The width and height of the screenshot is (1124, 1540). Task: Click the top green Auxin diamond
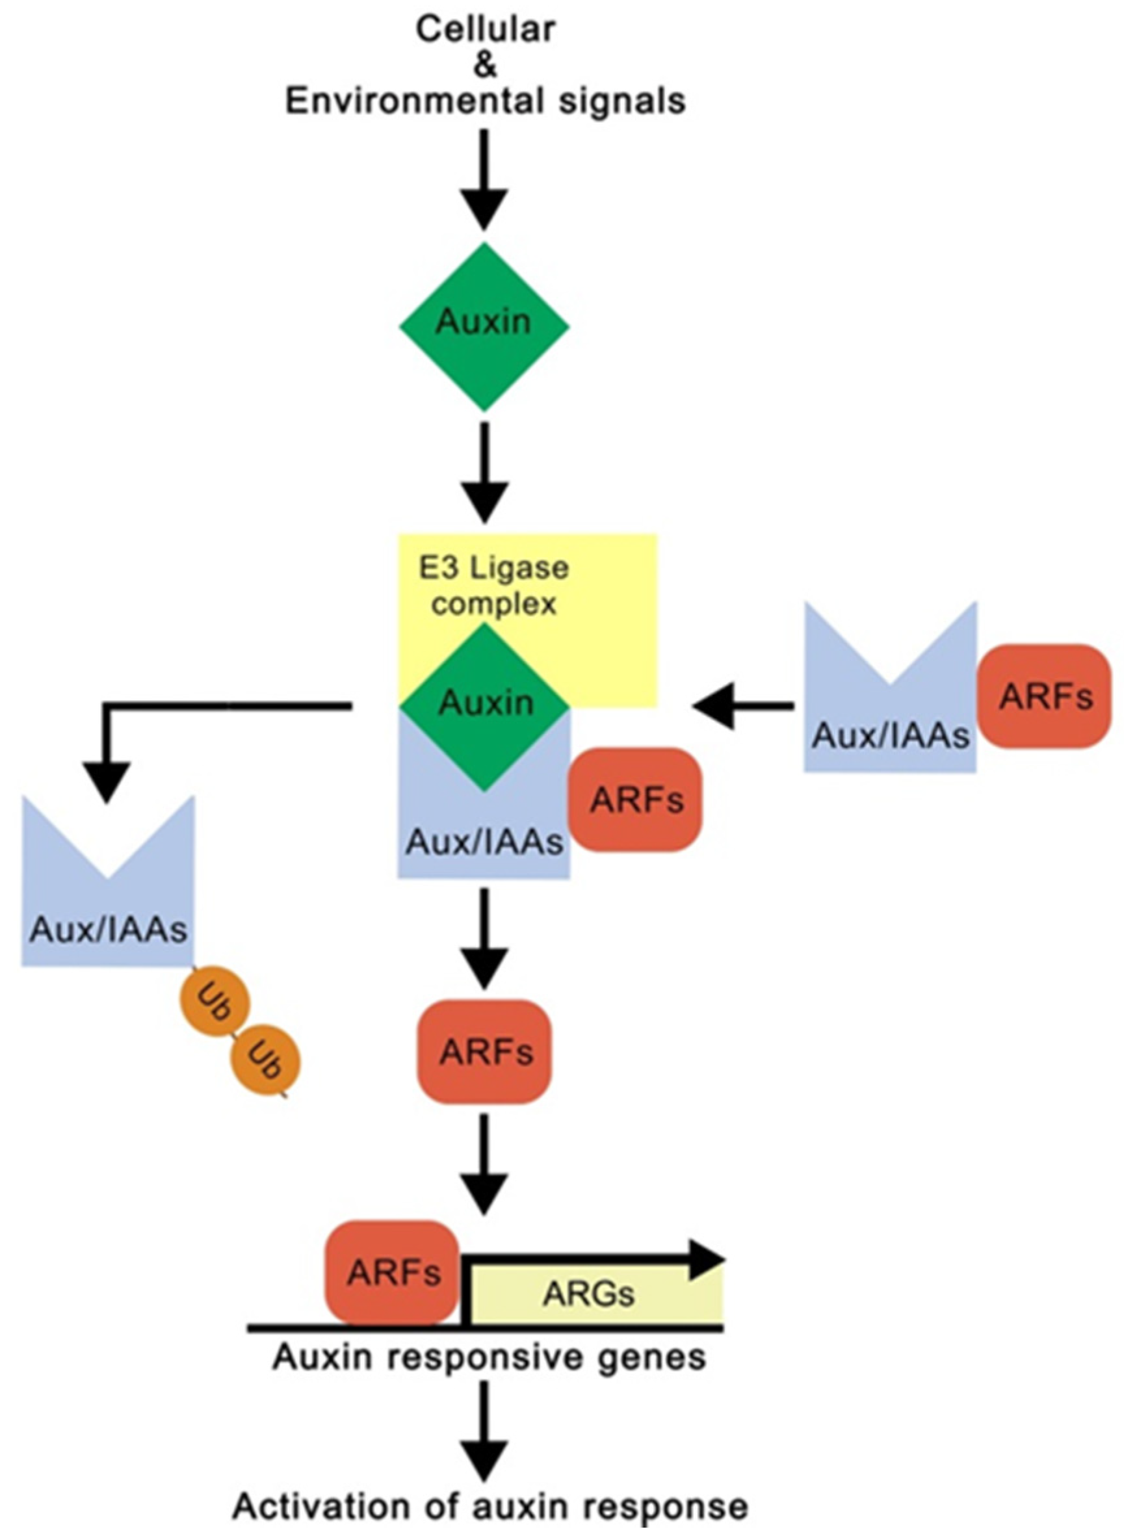[484, 327]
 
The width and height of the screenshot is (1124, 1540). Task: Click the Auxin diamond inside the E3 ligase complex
[484, 707]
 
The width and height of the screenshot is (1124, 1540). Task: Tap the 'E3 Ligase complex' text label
[493, 586]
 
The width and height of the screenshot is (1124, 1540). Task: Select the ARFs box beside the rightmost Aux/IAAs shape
[1045, 696]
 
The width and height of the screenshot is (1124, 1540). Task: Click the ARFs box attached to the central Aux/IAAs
[636, 799]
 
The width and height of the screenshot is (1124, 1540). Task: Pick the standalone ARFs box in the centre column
[484, 1052]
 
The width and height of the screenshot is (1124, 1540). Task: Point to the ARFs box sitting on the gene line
[393, 1272]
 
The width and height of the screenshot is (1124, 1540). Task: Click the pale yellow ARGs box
[592, 1294]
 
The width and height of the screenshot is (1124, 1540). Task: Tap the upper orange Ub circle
[215, 1003]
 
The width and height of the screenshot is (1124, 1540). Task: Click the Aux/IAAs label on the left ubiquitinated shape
[107, 929]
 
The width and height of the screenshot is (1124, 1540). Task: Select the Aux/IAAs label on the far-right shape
[891, 736]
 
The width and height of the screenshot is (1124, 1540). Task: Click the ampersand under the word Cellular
[484, 65]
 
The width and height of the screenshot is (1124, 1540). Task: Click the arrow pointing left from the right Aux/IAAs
[744, 707]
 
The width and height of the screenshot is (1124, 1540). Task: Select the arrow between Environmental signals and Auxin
[484, 180]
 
